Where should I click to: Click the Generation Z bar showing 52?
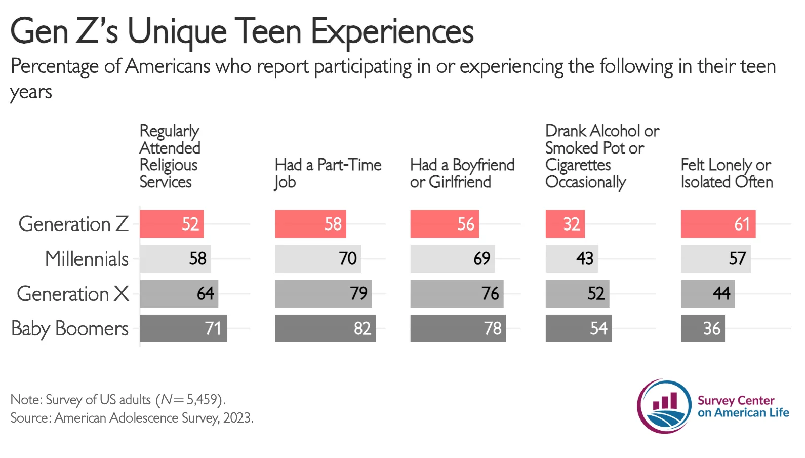click(x=171, y=224)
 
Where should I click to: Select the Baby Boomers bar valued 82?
click(x=325, y=328)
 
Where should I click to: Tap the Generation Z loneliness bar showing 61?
click(x=718, y=224)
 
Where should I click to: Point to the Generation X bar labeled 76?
click(x=457, y=293)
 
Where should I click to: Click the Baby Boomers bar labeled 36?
click(x=703, y=328)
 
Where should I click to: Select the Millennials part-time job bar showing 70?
click(x=318, y=259)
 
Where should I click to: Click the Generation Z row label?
click(x=73, y=224)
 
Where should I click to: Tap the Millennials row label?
click(x=87, y=259)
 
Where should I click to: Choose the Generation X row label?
click(x=73, y=294)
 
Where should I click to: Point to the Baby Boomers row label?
click(x=70, y=329)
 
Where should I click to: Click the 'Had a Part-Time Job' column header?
click(x=328, y=173)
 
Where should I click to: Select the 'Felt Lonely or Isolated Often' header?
click(x=727, y=173)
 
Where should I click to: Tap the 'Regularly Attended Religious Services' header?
click(x=170, y=156)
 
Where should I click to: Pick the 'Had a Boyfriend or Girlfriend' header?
click(x=462, y=173)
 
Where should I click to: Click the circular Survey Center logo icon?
click(x=664, y=406)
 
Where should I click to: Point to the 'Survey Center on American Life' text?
click(x=743, y=406)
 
